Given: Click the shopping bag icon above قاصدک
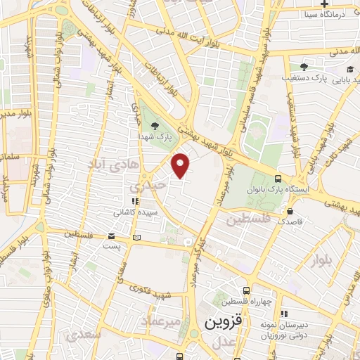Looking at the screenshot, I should tap(289, 210).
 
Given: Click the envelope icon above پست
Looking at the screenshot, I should tap(112, 236).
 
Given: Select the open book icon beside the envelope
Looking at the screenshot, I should tap(136, 236).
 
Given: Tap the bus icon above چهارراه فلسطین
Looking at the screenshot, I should tap(245, 290).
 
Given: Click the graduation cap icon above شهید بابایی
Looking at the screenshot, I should tap(349, 69).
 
